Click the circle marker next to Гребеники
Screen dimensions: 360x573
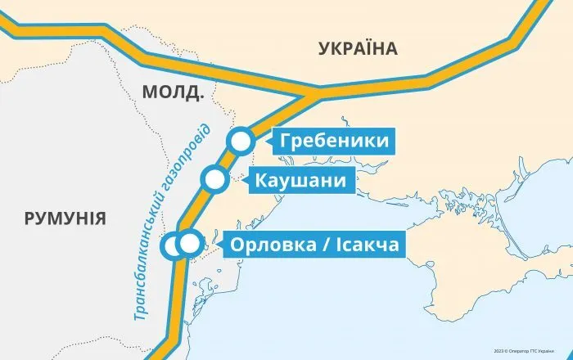(241, 141)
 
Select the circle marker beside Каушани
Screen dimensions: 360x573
(215, 179)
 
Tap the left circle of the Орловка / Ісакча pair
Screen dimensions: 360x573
(174, 244)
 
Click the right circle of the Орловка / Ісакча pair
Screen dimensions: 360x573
(190, 243)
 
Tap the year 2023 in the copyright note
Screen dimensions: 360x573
(499, 349)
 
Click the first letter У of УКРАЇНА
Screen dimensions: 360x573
(323, 49)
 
